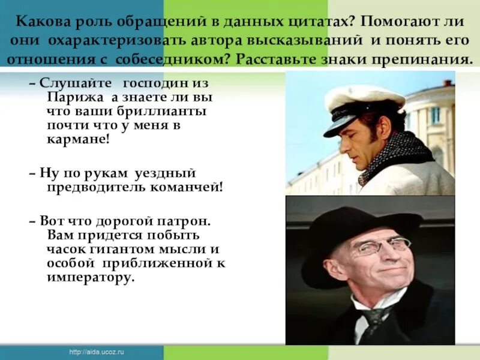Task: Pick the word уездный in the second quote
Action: pyautogui.click(x=172, y=173)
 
